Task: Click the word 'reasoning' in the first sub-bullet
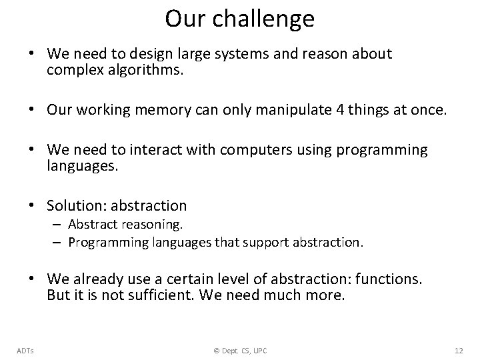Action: pos(154,225)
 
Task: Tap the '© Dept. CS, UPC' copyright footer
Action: pos(239,350)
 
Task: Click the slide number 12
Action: pos(458,350)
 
